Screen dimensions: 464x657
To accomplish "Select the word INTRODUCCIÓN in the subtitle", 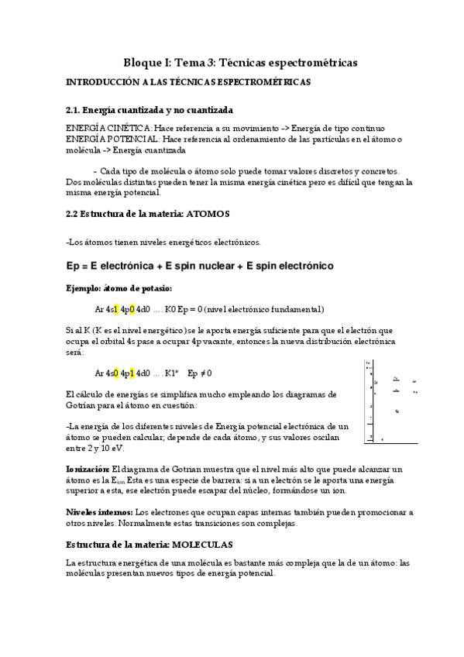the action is (x=105, y=81).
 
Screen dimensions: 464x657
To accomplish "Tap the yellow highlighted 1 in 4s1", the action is (x=115, y=309).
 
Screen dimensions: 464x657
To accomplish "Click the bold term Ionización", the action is (x=88, y=470).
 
